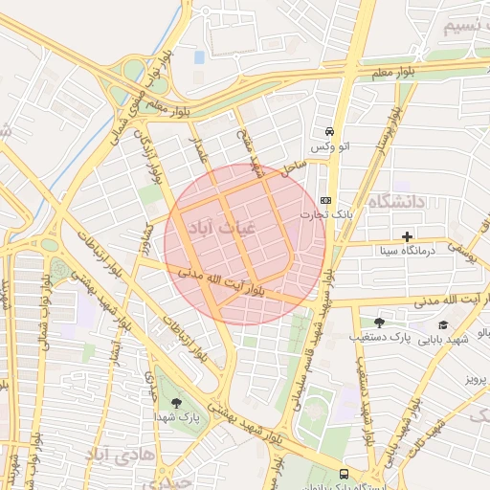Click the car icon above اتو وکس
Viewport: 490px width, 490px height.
[x=329, y=131]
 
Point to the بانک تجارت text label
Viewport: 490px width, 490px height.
[x=336, y=215]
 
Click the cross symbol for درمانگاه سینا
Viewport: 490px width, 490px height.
[x=408, y=235]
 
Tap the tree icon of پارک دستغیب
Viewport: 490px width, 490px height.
[x=379, y=323]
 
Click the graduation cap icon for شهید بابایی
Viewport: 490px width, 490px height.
[x=441, y=324]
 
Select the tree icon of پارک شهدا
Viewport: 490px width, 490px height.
[x=174, y=403]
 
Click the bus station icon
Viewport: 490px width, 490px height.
[x=344, y=474]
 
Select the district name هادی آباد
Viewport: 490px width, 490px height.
[x=119, y=453]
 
